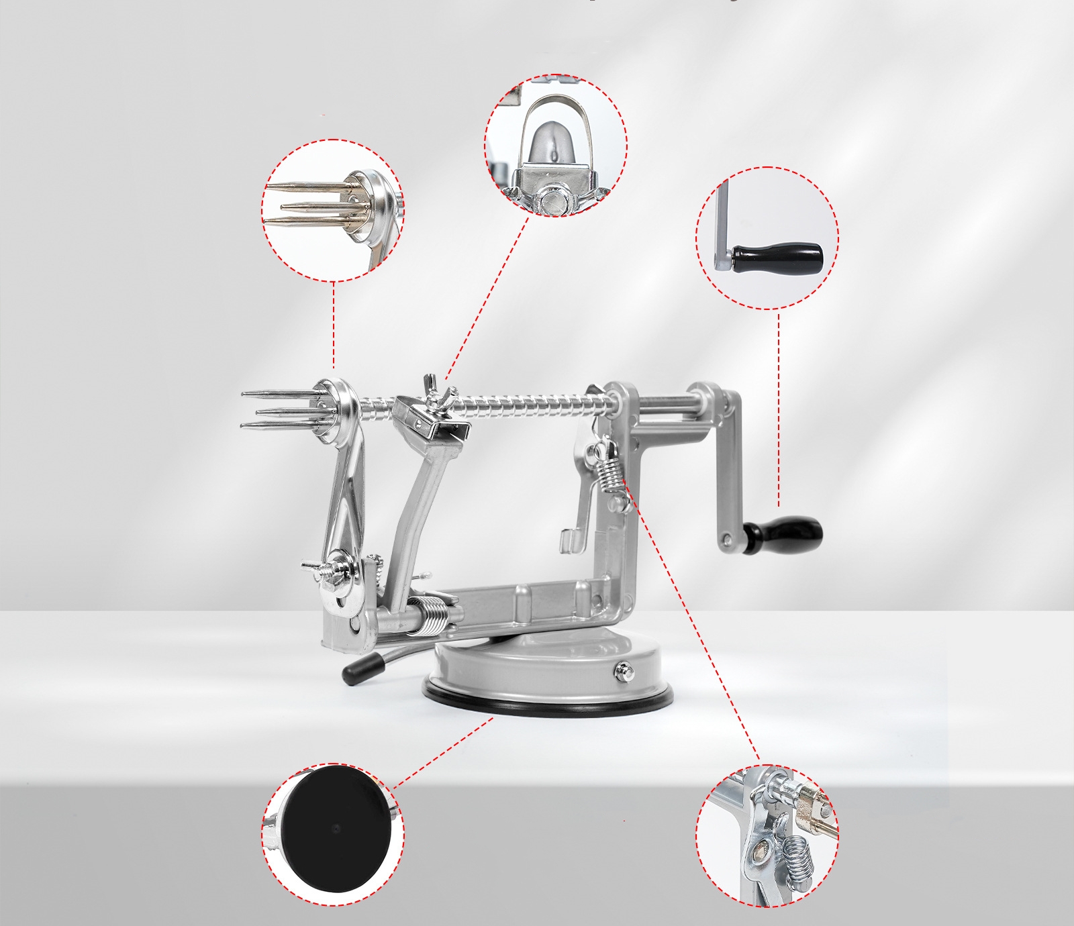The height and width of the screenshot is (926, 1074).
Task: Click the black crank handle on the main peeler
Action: point(787,534)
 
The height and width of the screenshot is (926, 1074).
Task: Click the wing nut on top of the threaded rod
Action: point(438,396)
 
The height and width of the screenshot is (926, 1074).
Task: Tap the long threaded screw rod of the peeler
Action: point(524,403)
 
